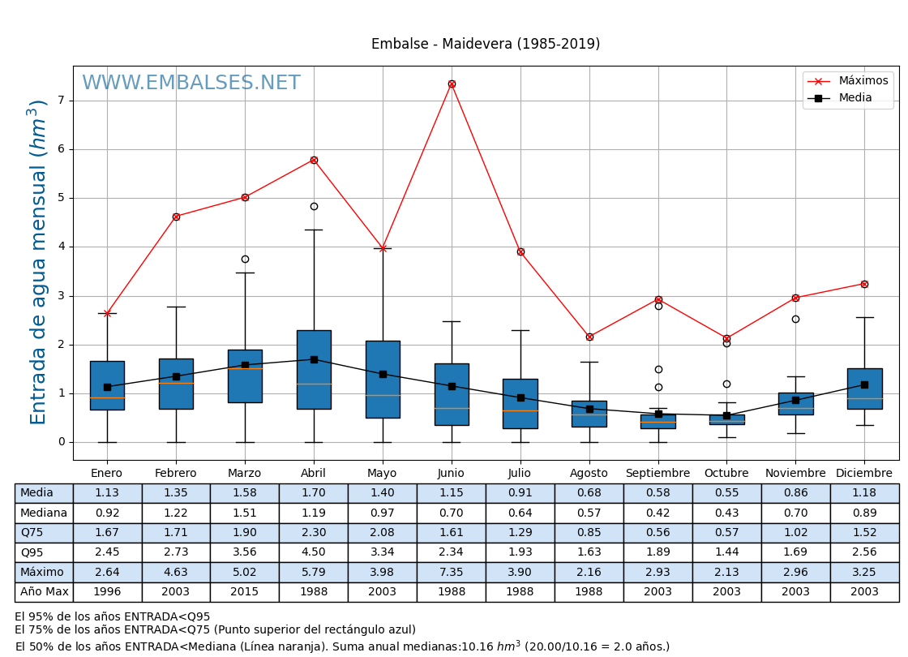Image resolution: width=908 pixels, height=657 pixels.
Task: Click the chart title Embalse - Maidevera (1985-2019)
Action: tap(486, 45)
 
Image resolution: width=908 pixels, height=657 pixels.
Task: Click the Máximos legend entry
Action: tap(863, 81)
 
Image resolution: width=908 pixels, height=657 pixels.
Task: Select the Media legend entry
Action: tap(854, 98)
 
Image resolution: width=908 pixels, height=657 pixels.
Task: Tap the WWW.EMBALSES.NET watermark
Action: tap(191, 84)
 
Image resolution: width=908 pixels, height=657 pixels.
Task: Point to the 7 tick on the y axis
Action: tap(61, 101)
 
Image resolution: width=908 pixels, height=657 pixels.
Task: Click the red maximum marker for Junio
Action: tap(452, 84)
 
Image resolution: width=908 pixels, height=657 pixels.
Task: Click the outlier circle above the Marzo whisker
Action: tap(245, 259)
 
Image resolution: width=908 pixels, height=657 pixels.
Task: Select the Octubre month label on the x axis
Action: tap(726, 474)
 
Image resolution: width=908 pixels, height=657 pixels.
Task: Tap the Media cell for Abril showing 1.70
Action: tap(314, 493)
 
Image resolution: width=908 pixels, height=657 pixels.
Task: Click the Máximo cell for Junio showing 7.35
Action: tap(452, 572)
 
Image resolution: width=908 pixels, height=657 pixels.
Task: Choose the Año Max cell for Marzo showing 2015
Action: tap(245, 592)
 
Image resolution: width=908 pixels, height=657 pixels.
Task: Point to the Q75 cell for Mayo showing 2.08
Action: tap(383, 533)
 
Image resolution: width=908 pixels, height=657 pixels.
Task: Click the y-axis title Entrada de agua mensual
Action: tap(38, 262)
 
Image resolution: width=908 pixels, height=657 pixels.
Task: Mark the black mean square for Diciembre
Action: tap(864, 384)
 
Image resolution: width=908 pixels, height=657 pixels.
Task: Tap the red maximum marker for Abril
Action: tap(314, 160)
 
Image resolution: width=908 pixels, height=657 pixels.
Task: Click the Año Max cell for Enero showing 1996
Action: tap(107, 592)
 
